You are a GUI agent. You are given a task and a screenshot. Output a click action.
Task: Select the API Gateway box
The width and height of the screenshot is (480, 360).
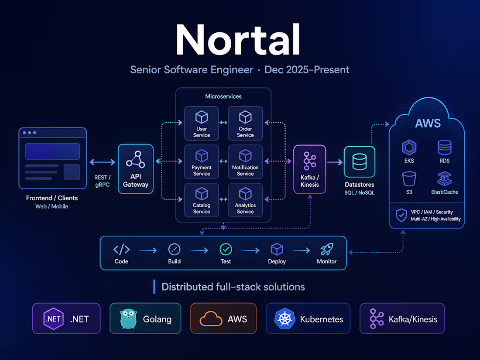(x=136, y=169)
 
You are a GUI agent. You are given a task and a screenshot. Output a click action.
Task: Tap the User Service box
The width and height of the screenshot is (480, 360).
(x=202, y=123)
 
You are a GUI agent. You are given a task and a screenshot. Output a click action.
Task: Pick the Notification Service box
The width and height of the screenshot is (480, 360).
(x=245, y=162)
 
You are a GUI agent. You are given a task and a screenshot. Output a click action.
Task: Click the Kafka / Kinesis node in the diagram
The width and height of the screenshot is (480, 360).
(x=309, y=169)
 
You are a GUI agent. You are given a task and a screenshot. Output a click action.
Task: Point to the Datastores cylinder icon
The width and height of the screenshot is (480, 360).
(x=360, y=161)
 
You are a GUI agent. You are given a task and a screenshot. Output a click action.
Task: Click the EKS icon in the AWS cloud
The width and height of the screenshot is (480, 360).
(x=409, y=147)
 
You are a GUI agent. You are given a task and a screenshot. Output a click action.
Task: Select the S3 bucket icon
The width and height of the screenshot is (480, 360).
(x=409, y=179)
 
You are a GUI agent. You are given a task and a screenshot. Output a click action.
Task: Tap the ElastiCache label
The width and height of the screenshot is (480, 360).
(x=445, y=192)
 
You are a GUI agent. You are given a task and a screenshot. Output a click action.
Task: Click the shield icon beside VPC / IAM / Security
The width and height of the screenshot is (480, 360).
(x=401, y=215)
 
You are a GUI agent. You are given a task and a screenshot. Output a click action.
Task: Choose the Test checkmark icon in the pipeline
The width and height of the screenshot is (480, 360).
(x=226, y=250)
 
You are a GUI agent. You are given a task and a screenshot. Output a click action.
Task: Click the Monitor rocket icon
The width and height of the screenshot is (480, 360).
(x=327, y=249)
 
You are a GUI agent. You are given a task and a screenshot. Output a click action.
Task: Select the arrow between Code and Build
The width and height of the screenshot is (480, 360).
(x=148, y=251)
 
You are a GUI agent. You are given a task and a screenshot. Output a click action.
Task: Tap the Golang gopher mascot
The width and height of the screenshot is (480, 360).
(x=128, y=319)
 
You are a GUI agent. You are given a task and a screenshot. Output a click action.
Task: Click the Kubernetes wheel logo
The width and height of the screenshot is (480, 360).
(x=285, y=319)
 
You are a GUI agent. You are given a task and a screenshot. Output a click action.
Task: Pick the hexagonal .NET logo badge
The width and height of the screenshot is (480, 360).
(x=53, y=319)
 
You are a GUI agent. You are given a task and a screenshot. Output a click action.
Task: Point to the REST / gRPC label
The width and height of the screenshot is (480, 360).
(x=102, y=181)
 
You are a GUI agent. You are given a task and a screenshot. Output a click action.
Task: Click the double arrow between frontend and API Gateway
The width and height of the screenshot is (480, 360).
(x=102, y=162)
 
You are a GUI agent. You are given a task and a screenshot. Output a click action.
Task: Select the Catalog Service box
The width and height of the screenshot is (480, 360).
(x=202, y=200)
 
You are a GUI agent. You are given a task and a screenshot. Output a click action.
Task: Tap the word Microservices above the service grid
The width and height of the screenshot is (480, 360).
(x=223, y=96)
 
